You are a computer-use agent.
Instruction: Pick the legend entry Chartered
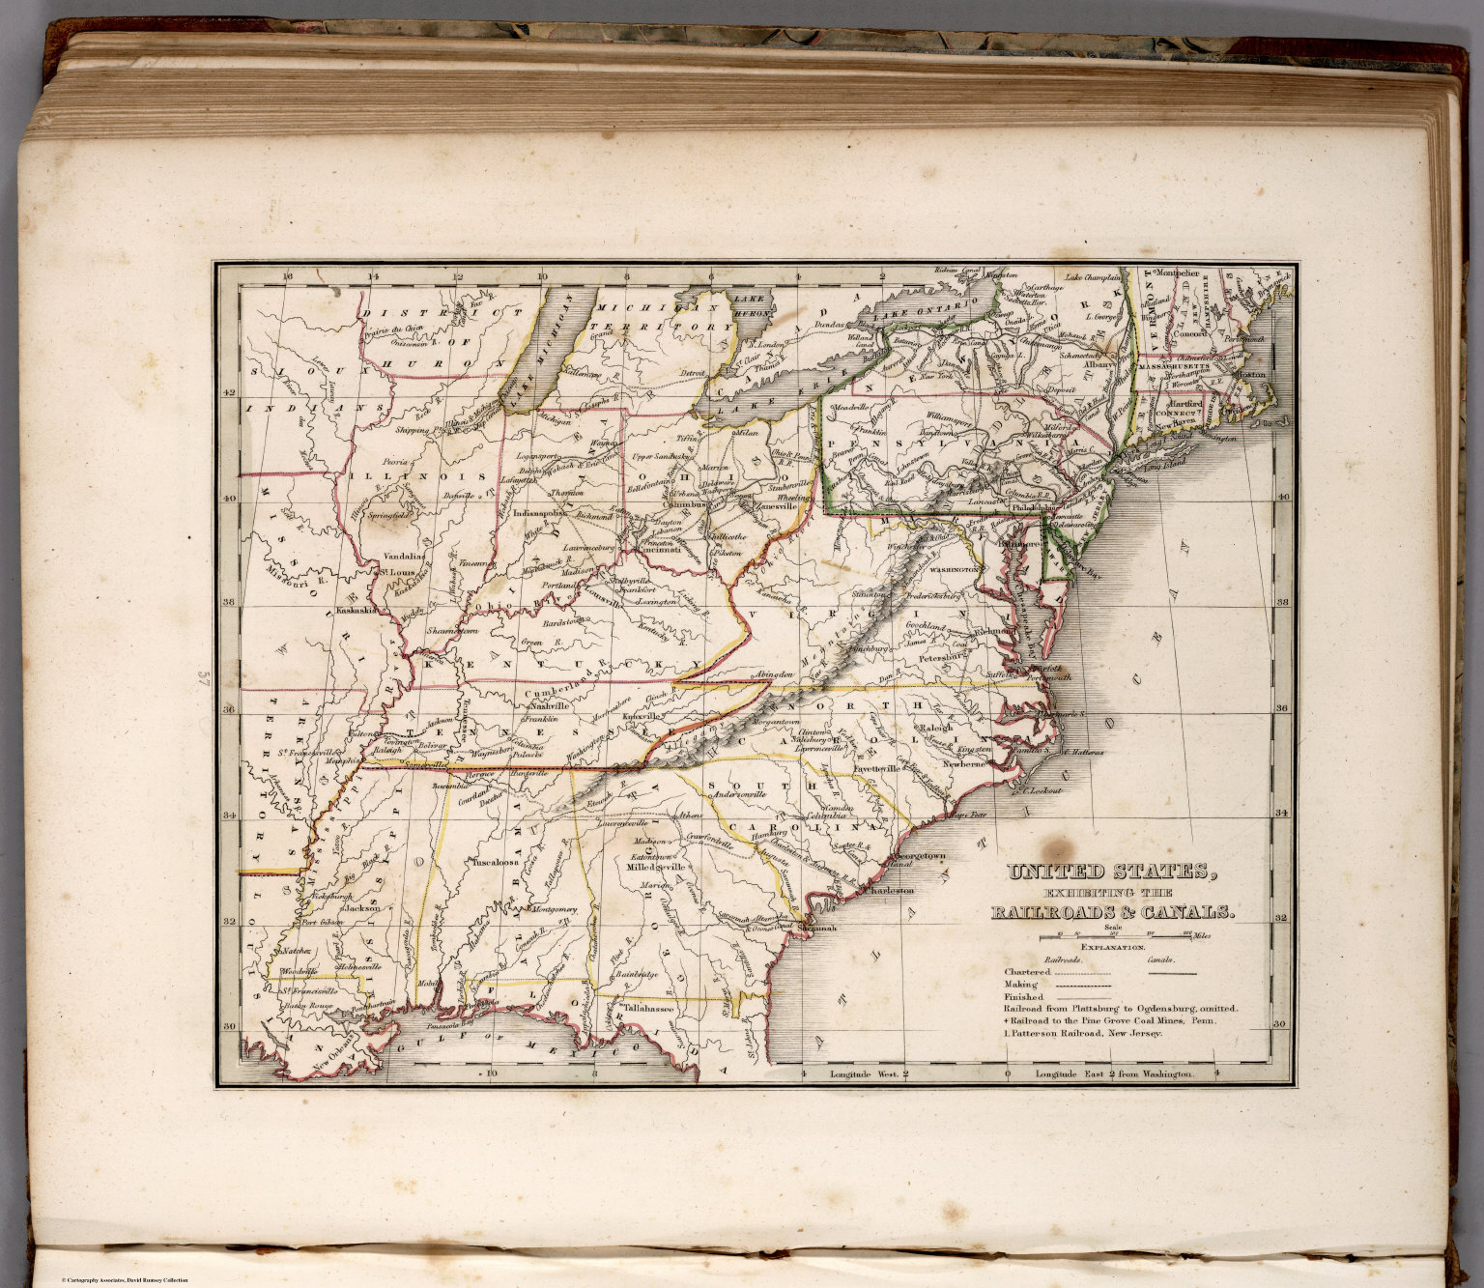coord(1026,972)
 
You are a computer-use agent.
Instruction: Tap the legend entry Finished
coord(1025,996)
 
